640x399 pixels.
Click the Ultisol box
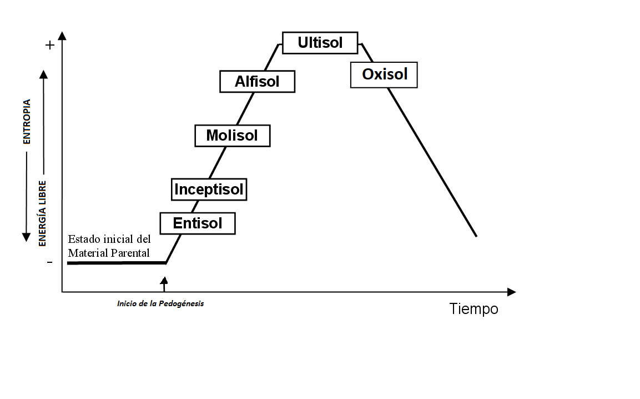tap(320, 43)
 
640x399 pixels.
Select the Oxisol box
tap(384, 74)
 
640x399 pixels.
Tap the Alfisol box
tap(257, 82)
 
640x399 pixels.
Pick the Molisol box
tap(232, 135)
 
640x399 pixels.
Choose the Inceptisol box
tap(209, 189)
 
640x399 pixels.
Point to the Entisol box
tap(198, 223)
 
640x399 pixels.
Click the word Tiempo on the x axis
tap(473, 309)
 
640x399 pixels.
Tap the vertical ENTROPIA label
tap(27, 122)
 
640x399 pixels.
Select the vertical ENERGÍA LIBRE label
tap(42, 213)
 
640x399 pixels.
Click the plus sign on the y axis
tap(50, 45)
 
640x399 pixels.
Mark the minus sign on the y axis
tap(50, 262)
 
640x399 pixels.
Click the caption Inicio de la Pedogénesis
tap(160, 304)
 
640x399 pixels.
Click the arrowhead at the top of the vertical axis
tap(62, 36)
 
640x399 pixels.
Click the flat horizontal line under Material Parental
tap(117, 263)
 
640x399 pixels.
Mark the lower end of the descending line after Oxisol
tap(476, 236)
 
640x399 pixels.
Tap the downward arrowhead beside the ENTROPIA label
tap(26, 237)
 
